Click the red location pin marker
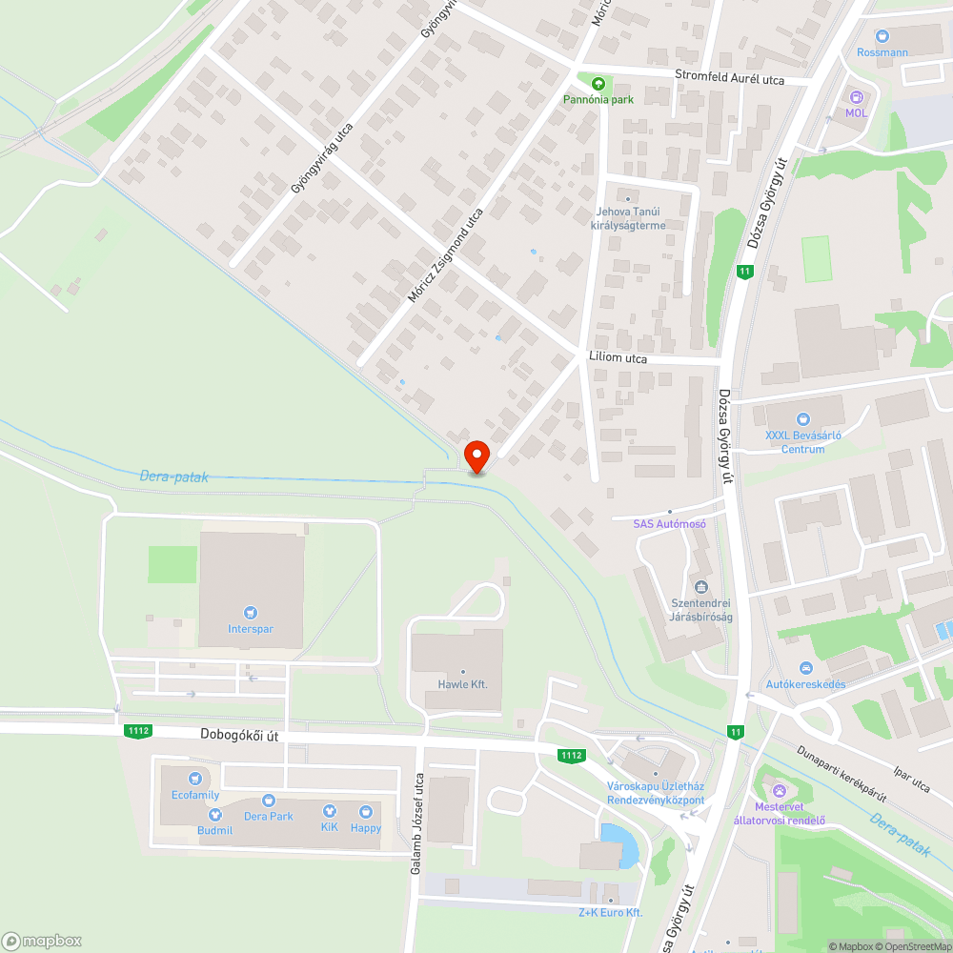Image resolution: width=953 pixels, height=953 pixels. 476,456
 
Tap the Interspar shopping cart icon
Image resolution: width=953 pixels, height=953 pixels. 251,612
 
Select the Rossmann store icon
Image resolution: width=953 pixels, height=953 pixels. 882,36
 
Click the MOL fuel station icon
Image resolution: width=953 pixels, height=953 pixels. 856,96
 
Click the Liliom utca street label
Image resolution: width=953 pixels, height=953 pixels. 617,358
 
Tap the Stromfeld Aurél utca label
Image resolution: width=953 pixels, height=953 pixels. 729,78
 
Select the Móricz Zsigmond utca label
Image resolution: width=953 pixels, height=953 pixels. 445,255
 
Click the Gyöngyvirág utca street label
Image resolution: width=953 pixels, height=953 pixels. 322,158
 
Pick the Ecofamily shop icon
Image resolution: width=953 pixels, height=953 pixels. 195,779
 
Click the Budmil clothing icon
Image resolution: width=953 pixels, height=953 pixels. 215,815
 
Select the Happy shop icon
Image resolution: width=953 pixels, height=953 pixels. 365,812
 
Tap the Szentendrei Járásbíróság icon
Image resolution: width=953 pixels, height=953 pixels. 702,586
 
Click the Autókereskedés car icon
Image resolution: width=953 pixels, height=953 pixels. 806,668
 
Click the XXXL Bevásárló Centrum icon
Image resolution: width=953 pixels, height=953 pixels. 802,418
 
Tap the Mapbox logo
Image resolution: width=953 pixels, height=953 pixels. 42,940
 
